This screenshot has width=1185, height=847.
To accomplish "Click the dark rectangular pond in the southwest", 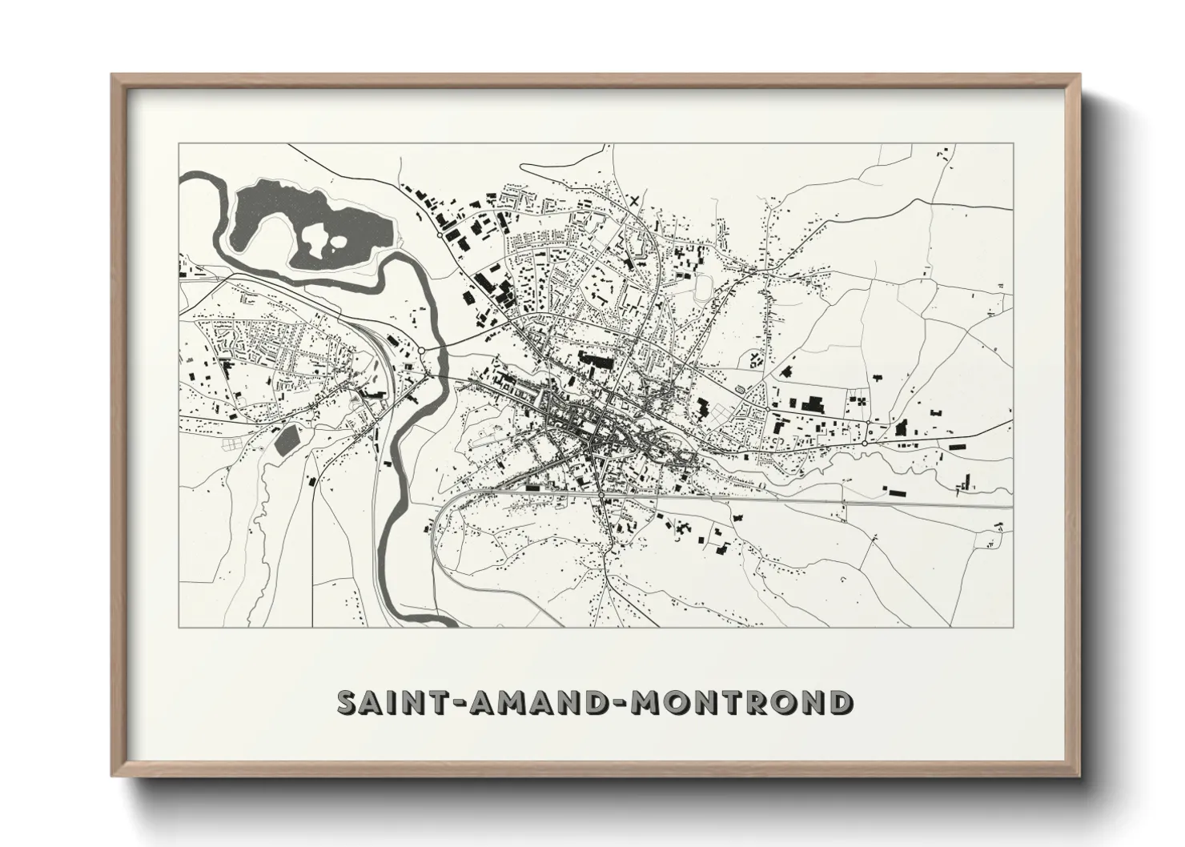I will coord(286,440).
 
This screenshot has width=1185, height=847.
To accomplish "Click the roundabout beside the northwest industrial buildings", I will coord(440,235).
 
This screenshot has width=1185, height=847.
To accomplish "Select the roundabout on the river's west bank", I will coord(421,351).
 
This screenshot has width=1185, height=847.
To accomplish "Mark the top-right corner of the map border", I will coord(1013,144).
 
